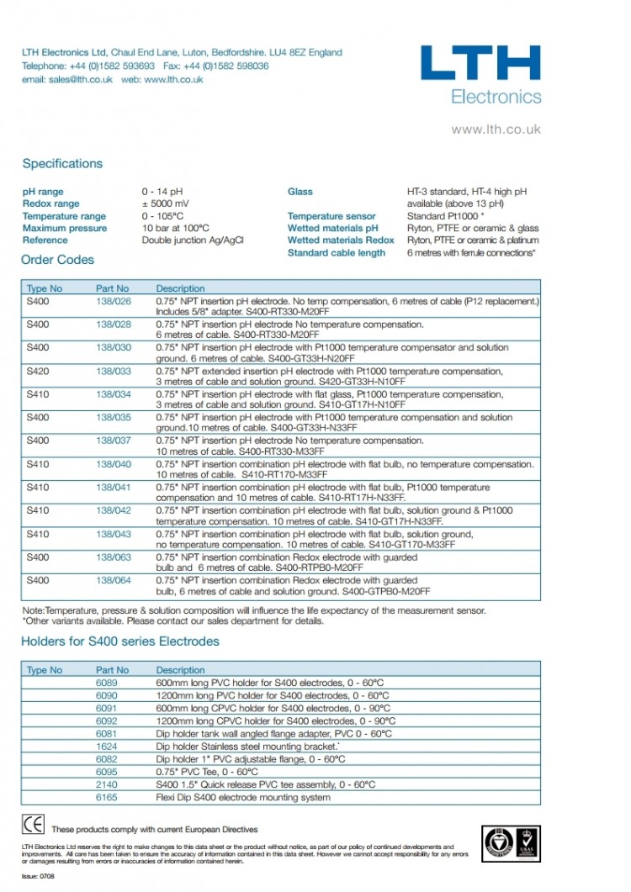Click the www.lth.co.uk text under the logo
coord(496,129)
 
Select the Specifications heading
coord(62,164)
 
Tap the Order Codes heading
coord(57,260)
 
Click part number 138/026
coord(114,301)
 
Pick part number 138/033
coord(114,371)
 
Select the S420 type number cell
coord(38,371)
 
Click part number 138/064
coord(114,580)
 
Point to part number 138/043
coord(114,534)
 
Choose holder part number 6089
coord(107,684)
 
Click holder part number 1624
coord(107,747)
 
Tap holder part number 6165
coord(107,797)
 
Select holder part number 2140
coord(107,784)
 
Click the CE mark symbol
coord(33,824)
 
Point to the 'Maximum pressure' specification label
coord(65,228)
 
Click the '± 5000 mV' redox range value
coord(166,203)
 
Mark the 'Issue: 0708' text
coord(39,875)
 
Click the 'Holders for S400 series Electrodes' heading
coord(119,641)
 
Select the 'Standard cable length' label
coord(337,252)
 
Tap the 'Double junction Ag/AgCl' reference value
coord(193,240)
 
